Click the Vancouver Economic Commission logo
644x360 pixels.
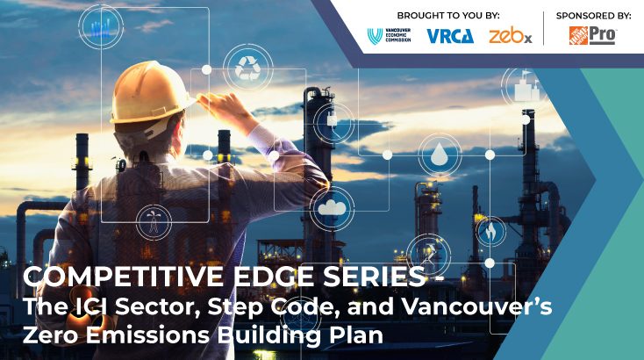click(x=389, y=36)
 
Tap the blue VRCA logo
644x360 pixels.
click(x=450, y=36)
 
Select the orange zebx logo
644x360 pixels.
click(x=511, y=36)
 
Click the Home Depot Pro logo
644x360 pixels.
click(x=592, y=35)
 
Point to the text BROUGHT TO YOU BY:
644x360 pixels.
click(x=448, y=16)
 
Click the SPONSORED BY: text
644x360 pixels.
click(x=593, y=16)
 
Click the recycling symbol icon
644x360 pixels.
click(x=247, y=68)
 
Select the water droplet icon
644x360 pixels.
click(x=440, y=155)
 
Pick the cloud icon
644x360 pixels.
click(x=332, y=207)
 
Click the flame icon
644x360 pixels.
click(x=490, y=232)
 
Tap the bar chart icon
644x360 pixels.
click(x=101, y=27)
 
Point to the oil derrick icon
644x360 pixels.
click(x=154, y=222)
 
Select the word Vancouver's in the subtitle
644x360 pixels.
click(x=476, y=306)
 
